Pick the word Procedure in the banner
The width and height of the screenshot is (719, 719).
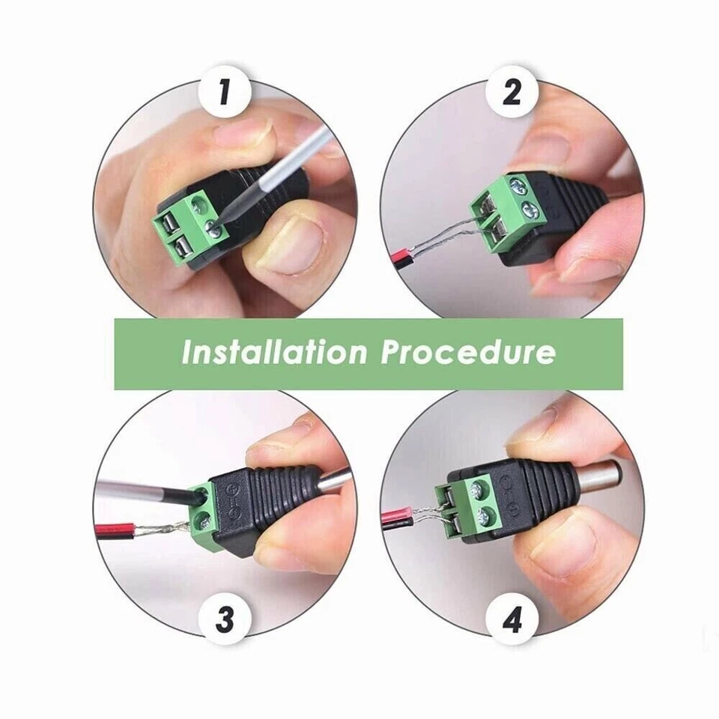click(468, 352)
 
